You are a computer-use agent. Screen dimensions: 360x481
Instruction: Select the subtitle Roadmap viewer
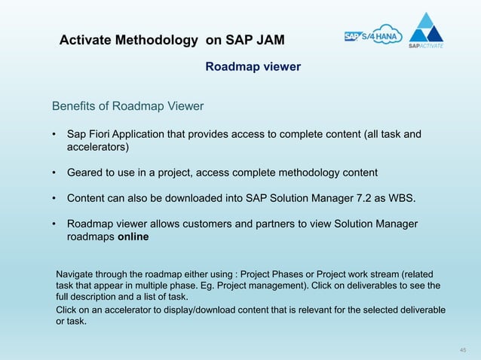pos(253,67)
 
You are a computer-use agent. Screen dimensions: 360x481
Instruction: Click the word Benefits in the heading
pos(75,105)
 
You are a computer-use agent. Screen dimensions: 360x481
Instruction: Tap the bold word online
pos(133,237)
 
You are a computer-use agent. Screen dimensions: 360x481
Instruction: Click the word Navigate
pos(77,273)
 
